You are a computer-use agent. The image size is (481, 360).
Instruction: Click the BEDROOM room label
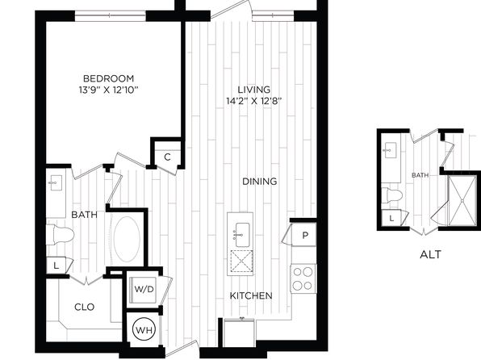(109, 78)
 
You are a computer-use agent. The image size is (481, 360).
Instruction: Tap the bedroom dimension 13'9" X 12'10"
(109, 90)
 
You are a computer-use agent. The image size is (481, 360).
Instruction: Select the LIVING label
(254, 90)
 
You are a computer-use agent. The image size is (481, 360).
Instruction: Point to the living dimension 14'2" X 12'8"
(254, 101)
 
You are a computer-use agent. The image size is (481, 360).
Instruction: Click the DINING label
(260, 182)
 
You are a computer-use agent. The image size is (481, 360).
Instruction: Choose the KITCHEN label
(251, 296)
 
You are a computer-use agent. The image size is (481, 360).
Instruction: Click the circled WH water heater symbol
(144, 330)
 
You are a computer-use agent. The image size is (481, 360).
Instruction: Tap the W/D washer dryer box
(144, 289)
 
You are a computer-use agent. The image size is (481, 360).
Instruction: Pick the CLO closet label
(85, 307)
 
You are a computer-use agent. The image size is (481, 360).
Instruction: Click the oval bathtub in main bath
(127, 240)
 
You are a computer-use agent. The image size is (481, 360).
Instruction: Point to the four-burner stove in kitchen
(303, 278)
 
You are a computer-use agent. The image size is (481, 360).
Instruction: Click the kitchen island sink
(242, 235)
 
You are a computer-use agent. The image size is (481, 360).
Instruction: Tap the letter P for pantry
(305, 236)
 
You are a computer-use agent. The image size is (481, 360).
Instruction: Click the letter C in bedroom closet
(167, 157)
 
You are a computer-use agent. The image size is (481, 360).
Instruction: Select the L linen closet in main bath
(56, 266)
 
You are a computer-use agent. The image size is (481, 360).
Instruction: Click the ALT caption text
(430, 254)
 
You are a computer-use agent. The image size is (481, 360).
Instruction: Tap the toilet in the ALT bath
(392, 195)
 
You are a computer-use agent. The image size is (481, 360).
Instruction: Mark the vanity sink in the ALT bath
(390, 150)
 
